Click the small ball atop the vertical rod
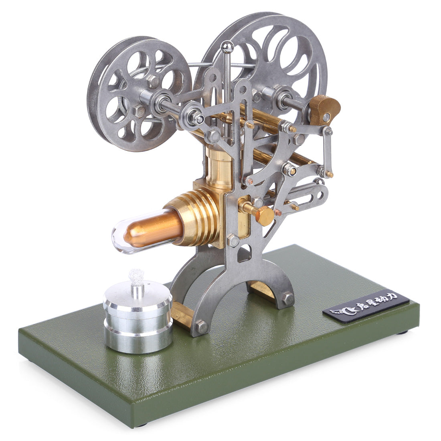coord(228,47)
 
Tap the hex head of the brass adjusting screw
coord(265,216)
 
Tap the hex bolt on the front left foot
coord(202,327)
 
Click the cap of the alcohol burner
coord(137,299)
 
